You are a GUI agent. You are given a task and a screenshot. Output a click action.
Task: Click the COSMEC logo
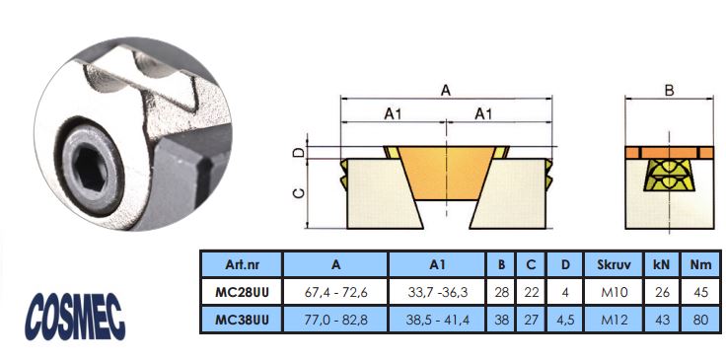(x=75, y=317)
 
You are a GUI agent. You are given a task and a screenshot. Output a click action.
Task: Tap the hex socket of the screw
(x=90, y=167)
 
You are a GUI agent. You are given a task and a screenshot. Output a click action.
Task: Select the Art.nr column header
(x=242, y=264)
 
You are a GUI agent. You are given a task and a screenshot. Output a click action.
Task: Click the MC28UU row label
(x=242, y=292)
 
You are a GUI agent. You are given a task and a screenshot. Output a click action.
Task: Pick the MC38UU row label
(x=242, y=320)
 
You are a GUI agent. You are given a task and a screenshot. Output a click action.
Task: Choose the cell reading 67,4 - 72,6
(x=335, y=292)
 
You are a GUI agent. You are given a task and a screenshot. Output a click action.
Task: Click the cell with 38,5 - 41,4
(x=437, y=320)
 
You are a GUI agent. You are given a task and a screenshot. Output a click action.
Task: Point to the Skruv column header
(x=614, y=264)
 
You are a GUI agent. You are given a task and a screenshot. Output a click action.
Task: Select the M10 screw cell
(x=614, y=292)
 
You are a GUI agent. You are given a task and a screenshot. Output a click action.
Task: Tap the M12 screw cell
(x=614, y=320)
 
